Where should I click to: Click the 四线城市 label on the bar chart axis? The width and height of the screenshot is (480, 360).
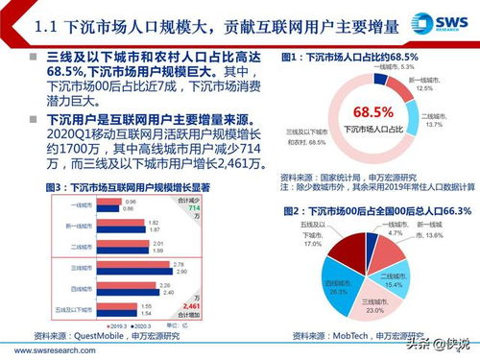coord(64,287)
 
